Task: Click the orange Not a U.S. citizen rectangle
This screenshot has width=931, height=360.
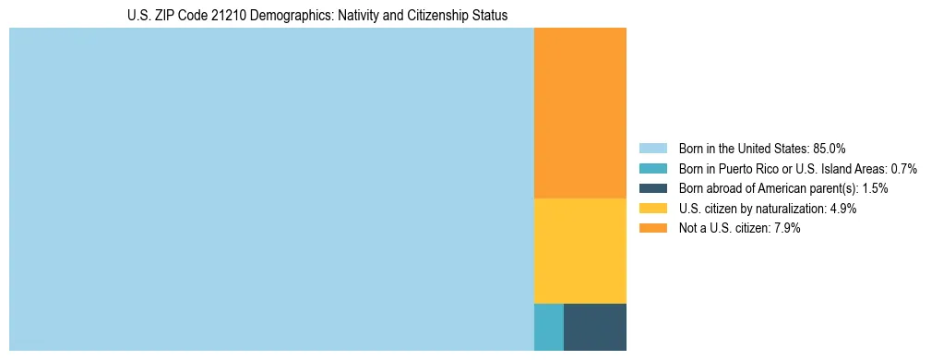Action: (x=579, y=113)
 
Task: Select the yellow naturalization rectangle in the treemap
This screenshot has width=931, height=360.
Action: (x=579, y=250)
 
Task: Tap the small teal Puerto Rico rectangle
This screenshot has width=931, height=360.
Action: (x=548, y=327)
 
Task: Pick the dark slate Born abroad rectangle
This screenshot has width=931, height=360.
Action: (x=594, y=327)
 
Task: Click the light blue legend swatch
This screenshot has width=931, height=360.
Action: (x=652, y=149)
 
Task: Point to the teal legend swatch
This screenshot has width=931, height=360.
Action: (x=652, y=169)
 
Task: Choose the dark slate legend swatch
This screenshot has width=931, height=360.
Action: (x=652, y=188)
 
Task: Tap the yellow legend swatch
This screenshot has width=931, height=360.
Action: (x=652, y=209)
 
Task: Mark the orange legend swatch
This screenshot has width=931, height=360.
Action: (x=652, y=229)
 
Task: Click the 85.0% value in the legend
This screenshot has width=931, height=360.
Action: (x=830, y=149)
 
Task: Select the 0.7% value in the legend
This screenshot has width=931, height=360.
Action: (x=903, y=169)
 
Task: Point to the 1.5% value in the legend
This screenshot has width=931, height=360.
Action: (x=875, y=188)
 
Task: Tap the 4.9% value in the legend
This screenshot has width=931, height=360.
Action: (x=842, y=209)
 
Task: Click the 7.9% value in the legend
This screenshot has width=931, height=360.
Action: (x=786, y=229)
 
